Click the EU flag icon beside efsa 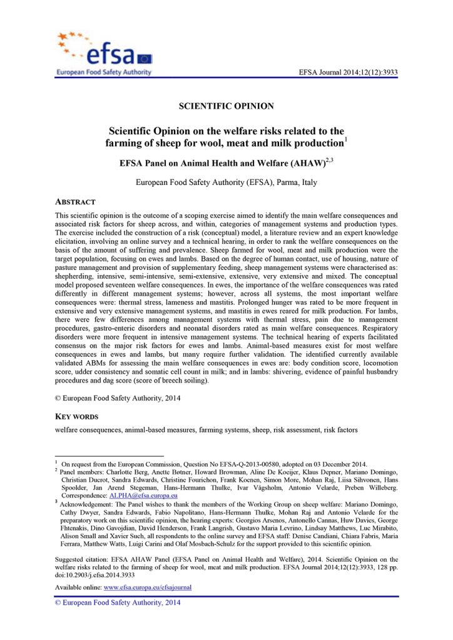click(145, 59)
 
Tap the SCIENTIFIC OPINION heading click(226, 106)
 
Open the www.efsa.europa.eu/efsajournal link click(147, 588)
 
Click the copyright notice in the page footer click(109, 602)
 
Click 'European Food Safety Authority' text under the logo click(103, 72)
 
